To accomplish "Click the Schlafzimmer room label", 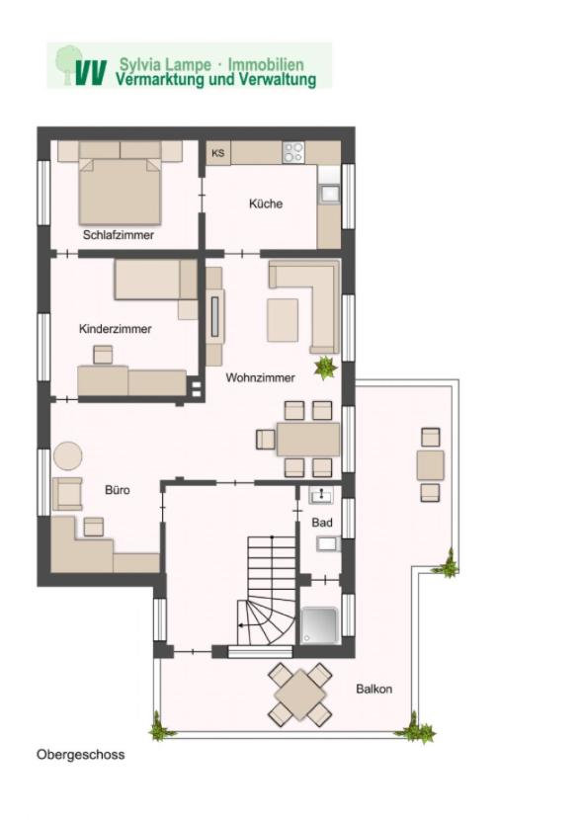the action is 119,235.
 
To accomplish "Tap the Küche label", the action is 266,204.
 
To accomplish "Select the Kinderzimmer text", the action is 115,329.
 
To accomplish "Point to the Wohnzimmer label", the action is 260,377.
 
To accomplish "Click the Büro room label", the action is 118,490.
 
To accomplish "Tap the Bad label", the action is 322,523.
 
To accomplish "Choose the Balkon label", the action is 373,689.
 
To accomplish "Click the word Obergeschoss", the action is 81,755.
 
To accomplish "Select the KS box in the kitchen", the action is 218,153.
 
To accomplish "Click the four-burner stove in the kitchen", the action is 292,153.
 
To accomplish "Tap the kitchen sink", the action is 329,194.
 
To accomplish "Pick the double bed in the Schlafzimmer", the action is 120,183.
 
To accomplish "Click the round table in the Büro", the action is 68,456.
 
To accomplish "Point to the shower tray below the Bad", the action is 319,625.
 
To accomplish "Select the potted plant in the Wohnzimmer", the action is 325,368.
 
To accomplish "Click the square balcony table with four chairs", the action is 299,694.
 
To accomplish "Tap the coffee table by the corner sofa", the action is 283,320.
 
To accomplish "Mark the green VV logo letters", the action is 90,72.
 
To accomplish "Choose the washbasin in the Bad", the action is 320,495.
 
